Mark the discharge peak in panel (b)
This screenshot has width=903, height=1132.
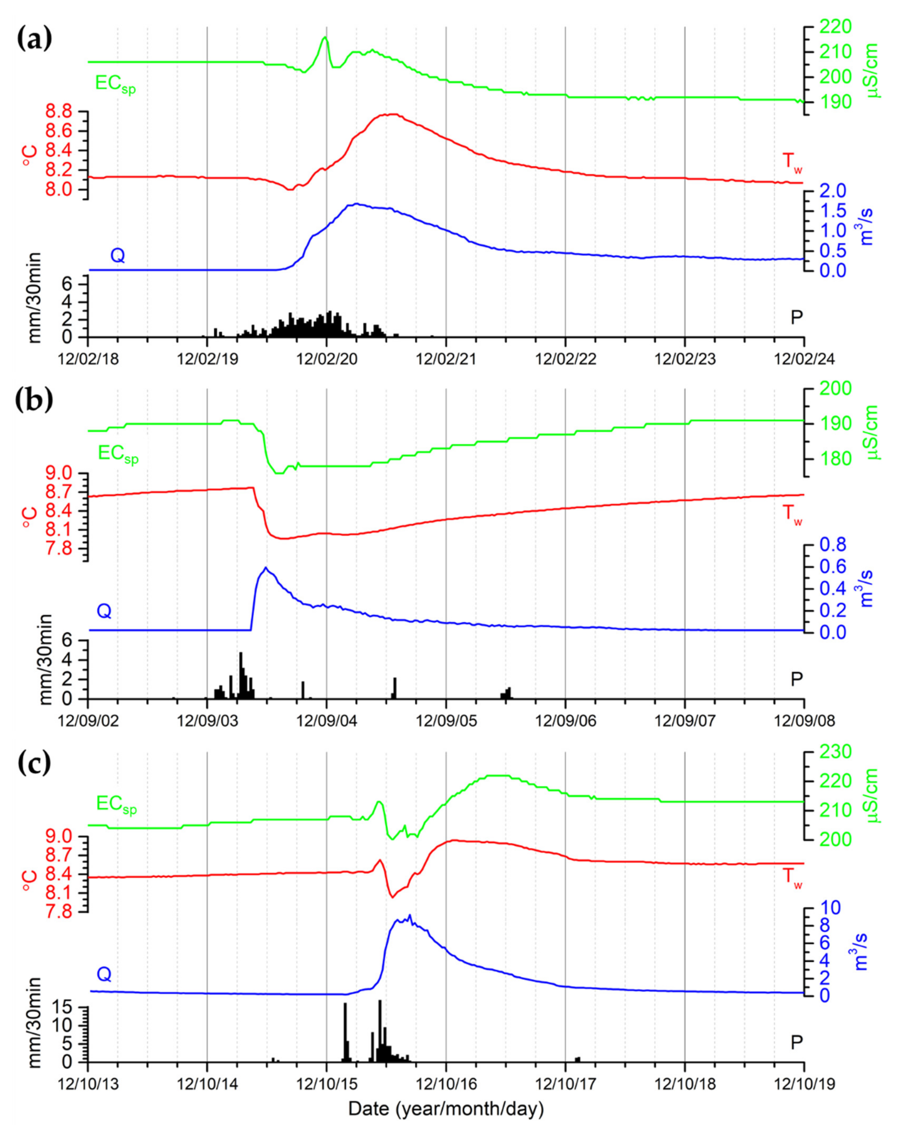point(266,568)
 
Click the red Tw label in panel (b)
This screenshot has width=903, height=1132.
point(792,513)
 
